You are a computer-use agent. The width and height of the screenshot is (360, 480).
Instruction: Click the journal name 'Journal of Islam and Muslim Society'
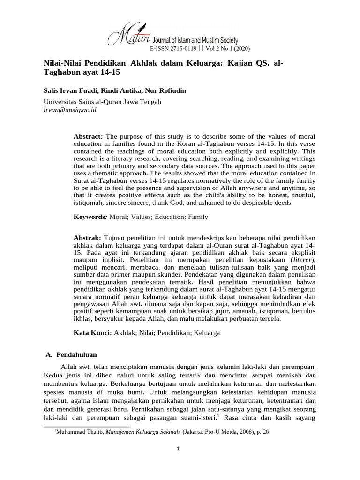pos(196,41)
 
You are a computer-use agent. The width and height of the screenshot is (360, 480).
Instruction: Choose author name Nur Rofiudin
pos(168,90)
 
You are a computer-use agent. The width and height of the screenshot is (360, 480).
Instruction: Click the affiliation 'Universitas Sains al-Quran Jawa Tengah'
pos(102,102)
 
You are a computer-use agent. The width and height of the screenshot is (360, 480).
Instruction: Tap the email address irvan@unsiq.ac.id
pos(70,110)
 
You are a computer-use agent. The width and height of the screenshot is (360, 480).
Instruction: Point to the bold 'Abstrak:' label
pos(88,239)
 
